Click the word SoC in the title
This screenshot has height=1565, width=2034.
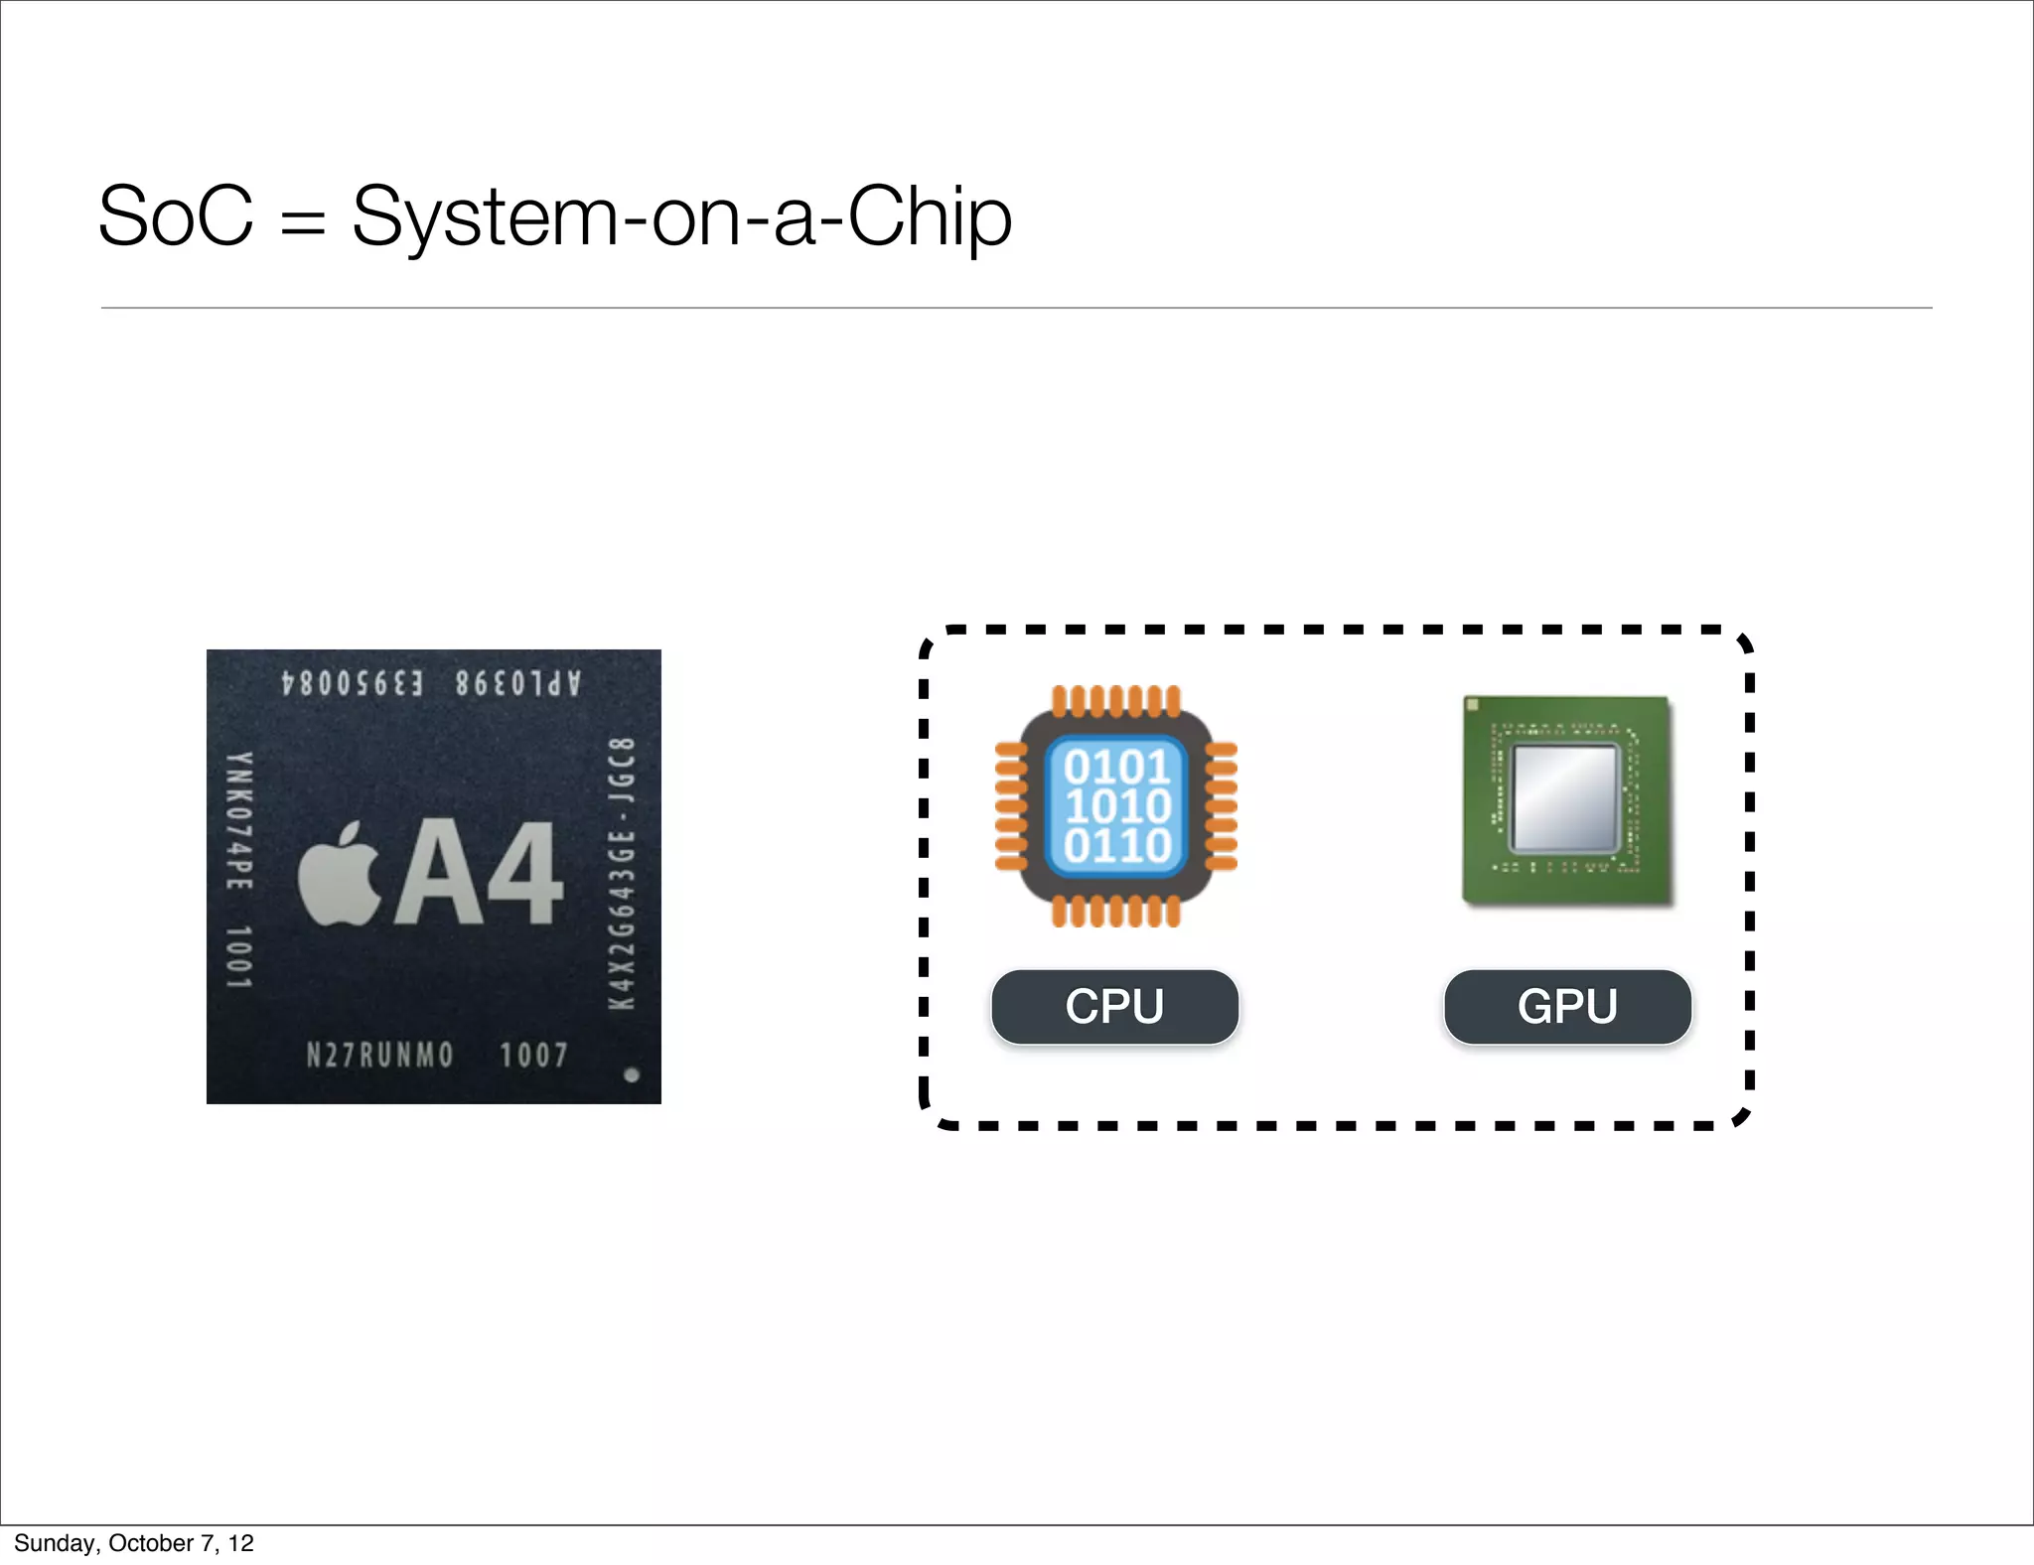click(x=176, y=216)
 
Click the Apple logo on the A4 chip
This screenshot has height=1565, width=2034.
click(x=340, y=874)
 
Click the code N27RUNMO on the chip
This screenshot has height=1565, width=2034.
click(x=379, y=1055)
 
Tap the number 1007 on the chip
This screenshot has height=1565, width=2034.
click(x=533, y=1055)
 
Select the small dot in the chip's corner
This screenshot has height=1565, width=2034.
click(x=631, y=1074)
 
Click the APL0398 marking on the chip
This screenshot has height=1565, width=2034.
click(x=517, y=684)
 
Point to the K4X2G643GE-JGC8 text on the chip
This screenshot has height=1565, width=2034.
click(x=622, y=874)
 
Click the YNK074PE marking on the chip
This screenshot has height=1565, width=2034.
click(x=239, y=821)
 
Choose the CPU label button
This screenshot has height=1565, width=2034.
click(x=1114, y=1007)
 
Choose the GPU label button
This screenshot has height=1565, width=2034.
click(x=1567, y=1007)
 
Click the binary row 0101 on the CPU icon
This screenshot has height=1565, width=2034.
click(x=1117, y=767)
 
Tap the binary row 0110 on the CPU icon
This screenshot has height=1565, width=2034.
click(x=1117, y=846)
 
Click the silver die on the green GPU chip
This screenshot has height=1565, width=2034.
click(x=1565, y=798)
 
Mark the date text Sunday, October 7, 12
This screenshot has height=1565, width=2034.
click(x=134, y=1543)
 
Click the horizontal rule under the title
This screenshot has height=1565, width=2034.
click(x=1016, y=308)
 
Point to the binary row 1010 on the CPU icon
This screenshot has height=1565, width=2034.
click(x=1117, y=806)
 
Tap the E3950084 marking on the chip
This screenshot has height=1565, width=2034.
click(x=353, y=684)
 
